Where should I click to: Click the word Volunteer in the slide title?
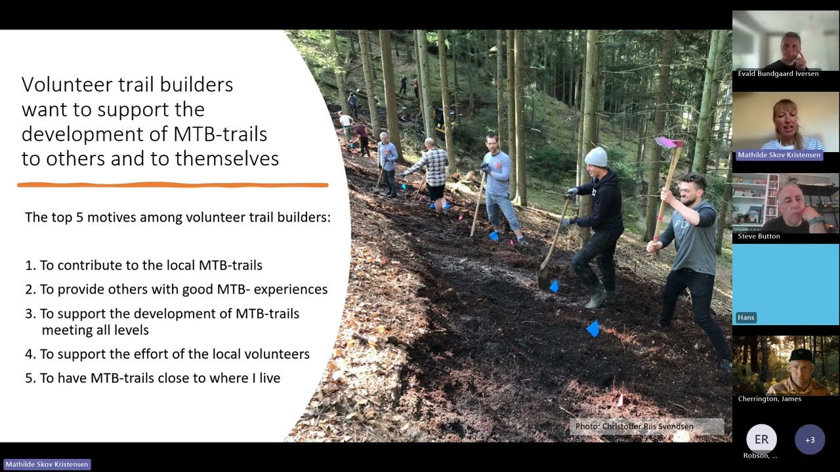[60, 85]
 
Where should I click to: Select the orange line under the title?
[172, 186]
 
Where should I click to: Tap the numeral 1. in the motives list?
[30, 265]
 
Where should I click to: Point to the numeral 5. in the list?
[30, 378]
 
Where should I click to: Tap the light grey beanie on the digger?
[596, 157]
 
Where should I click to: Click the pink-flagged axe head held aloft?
[669, 142]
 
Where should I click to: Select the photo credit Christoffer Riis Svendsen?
[634, 427]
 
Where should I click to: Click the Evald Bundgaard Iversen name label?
[778, 73]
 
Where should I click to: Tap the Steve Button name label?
[759, 236]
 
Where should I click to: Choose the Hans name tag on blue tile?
[745, 317]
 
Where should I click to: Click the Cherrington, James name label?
[769, 399]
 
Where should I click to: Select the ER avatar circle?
[761, 440]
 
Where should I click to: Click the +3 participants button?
[810, 440]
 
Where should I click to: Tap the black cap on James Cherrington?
[800, 355]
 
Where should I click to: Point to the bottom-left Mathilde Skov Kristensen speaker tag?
[47, 464]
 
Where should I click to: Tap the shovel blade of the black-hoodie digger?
[543, 276]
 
